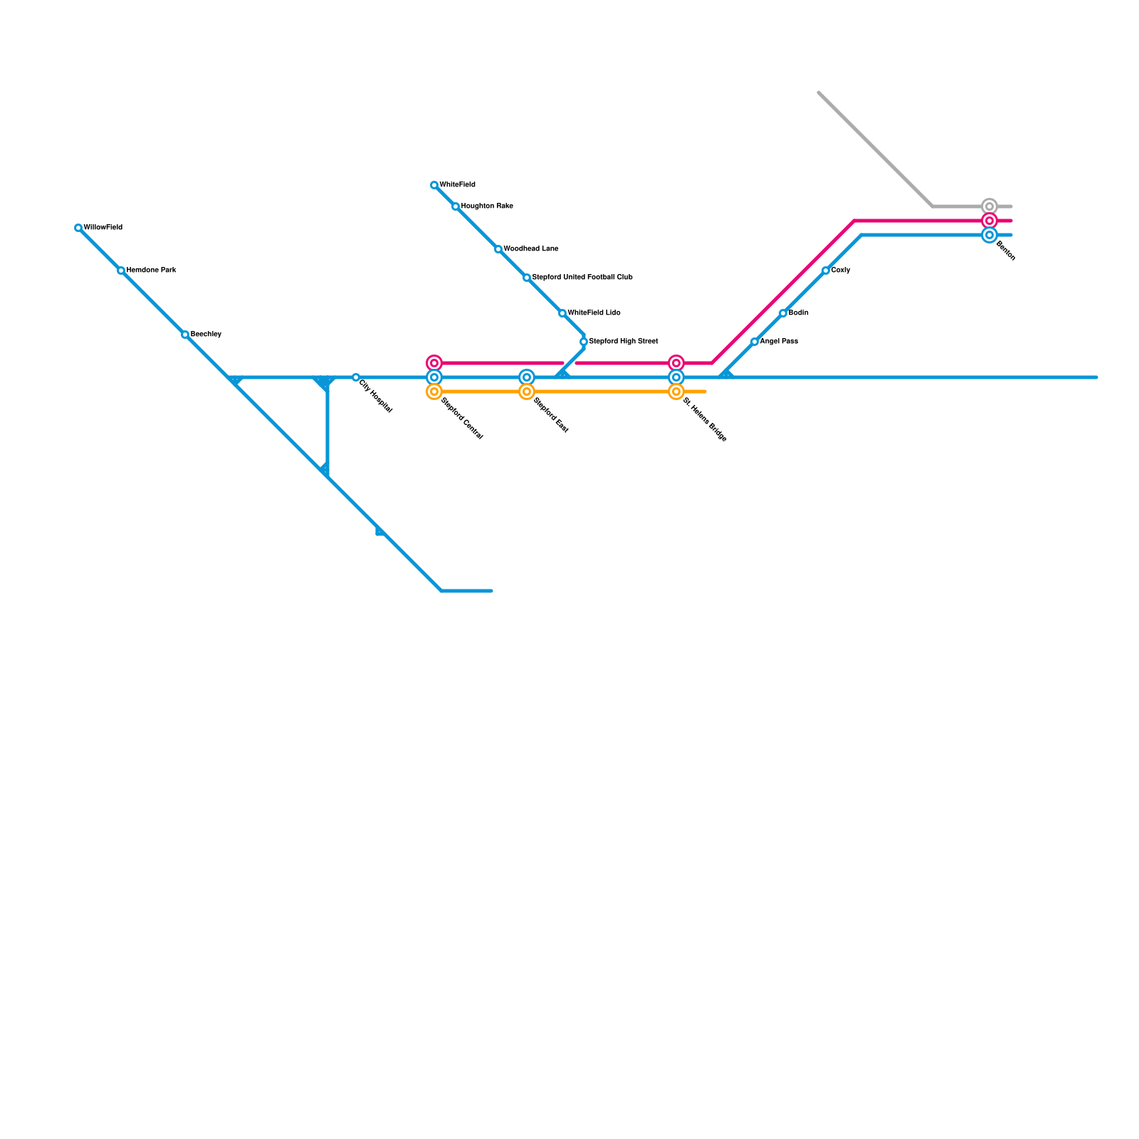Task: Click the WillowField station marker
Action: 78,228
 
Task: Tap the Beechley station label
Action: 206,335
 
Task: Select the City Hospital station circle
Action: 356,377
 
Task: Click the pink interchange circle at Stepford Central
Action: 434,363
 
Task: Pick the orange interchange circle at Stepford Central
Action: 434,392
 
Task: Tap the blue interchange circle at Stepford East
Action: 527,377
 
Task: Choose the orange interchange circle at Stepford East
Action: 527,392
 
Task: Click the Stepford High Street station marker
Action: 584,342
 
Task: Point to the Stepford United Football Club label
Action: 582,278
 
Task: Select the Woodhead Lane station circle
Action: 498,249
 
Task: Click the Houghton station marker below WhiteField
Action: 456,206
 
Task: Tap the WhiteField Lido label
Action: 594,313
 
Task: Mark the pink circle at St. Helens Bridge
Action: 676,363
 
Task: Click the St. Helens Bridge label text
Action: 705,420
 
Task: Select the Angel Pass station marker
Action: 755,342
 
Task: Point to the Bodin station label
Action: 798,313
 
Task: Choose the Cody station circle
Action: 826,271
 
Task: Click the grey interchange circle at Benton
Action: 990,206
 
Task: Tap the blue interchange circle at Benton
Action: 990,235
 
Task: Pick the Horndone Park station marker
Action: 121,271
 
